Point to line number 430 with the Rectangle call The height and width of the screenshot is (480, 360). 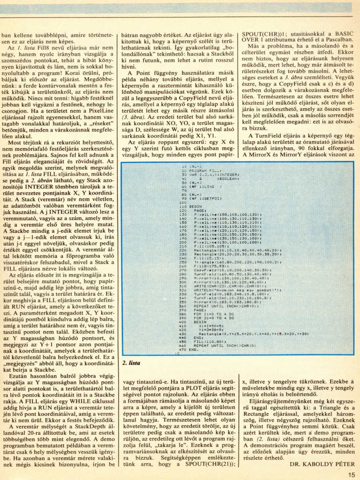point(184,333)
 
